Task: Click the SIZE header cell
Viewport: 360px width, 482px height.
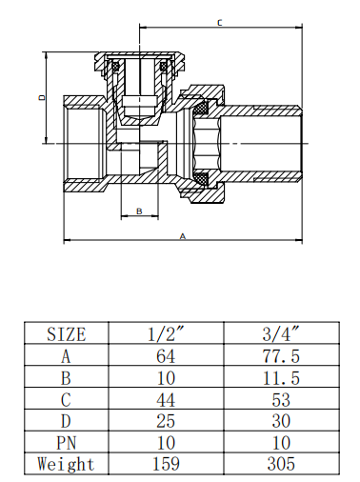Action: click(x=67, y=334)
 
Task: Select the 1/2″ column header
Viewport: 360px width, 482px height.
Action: click(x=167, y=334)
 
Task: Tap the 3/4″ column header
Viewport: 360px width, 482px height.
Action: click(x=280, y=334)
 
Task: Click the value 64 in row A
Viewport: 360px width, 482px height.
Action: click(x=167, y=356)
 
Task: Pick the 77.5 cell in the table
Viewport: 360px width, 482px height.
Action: click(x=280, y=356)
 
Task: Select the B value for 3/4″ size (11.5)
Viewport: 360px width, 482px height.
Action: click(x=280, y=378)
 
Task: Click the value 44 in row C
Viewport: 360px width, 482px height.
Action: click(x=167, y=400)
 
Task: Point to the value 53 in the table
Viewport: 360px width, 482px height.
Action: click(x=280, y=400)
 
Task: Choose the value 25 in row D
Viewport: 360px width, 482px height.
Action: click(x=167, y=422)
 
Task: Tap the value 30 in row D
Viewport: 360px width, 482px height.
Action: click(x=280, y=422)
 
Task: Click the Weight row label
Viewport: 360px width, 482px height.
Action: click(x=67, y=465)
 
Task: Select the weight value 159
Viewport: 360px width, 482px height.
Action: click(x=167, y=465)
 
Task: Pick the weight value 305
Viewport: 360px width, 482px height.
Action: click(x=280, y=465)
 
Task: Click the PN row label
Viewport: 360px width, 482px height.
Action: click(x=67, y=444)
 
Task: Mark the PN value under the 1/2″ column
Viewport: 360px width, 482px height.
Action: click(x=167, y=444)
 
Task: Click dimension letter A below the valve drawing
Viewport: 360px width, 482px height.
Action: click(x=183, y=235)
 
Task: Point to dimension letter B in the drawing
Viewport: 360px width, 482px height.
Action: click(x=139, y=211)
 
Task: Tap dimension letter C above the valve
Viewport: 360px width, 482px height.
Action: click(x=221, y=21)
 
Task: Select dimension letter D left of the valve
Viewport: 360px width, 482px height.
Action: click(x=41, y=97)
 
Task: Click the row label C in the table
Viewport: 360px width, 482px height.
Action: click(x=67, y=400)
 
